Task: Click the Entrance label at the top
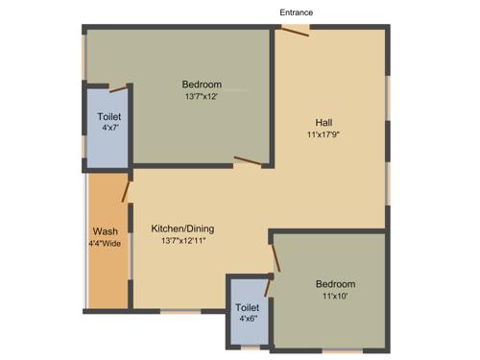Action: pyautogui.click(x=296, y=12)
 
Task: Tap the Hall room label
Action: pyautogui.click(x=324, y=122)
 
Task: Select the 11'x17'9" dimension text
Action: pyautogui.click(x=324, y=135)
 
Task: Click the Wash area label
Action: pyautogui.click(x=106, y=231)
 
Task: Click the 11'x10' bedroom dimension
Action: pyautogui.click(x=335, y=298)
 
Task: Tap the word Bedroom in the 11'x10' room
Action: pyautogui.click(x=335, y=284)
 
